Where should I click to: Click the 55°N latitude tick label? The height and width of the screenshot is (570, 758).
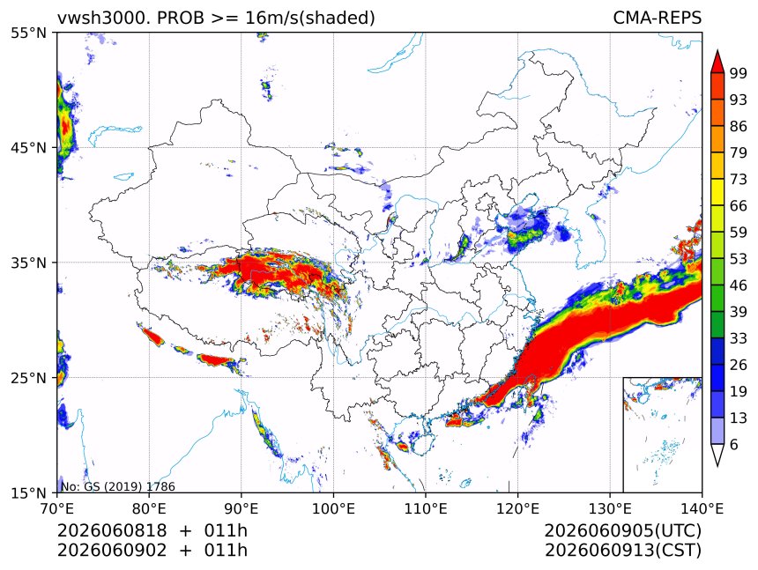coord(29,33)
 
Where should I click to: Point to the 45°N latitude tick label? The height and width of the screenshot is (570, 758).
coord(29,147)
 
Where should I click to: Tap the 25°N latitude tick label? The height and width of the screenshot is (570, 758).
coord(29,377)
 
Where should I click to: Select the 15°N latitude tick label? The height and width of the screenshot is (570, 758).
coord(29,492)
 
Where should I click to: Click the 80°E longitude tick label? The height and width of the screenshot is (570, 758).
coord(149,508)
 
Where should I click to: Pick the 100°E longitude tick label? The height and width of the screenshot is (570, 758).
coord(333,508)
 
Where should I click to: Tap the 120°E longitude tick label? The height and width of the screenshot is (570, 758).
coord(517,508)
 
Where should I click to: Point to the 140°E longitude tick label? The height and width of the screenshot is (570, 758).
coord(702,508)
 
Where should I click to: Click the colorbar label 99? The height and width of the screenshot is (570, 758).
coord(739,73)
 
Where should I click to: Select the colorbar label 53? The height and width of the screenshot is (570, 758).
coord(739,259)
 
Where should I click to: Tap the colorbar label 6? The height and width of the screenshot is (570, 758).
coord(734,444)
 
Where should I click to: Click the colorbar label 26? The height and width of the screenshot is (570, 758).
coord(739,365)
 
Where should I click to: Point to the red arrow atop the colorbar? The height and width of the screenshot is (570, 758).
coord(717,62)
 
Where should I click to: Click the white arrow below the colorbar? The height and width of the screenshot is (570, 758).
coord(717,455)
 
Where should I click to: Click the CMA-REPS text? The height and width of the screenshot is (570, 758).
coord(657,18)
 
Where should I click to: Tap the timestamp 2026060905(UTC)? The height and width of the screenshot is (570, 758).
coord(622,530)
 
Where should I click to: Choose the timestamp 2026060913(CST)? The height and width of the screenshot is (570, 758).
coord(622,551)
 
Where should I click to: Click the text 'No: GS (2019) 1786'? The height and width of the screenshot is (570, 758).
coord(118,486)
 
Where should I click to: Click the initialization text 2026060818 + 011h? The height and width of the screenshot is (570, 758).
coord(152,530)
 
